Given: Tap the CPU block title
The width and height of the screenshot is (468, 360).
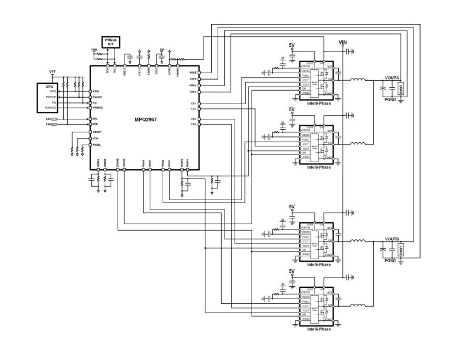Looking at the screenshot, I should tap(50, 85).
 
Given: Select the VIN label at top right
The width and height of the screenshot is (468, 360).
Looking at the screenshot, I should tap(344, 43).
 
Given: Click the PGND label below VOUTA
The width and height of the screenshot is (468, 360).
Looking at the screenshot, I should tap(390, 100).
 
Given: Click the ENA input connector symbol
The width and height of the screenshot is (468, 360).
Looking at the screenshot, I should tap(55, 119).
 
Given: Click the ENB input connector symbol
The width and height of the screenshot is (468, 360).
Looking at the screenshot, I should tap(55, 125).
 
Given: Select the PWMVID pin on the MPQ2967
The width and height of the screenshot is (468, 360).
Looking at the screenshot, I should tap(98, 108).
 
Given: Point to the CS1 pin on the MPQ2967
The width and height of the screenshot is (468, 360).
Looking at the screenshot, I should tap(193, 104).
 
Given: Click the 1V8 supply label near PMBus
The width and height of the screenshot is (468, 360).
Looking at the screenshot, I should tap(94, 50).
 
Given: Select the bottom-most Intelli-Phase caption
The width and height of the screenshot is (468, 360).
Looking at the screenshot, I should tap(319, 329).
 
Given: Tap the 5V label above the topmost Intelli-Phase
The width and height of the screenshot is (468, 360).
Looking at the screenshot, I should tap(292, 45).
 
